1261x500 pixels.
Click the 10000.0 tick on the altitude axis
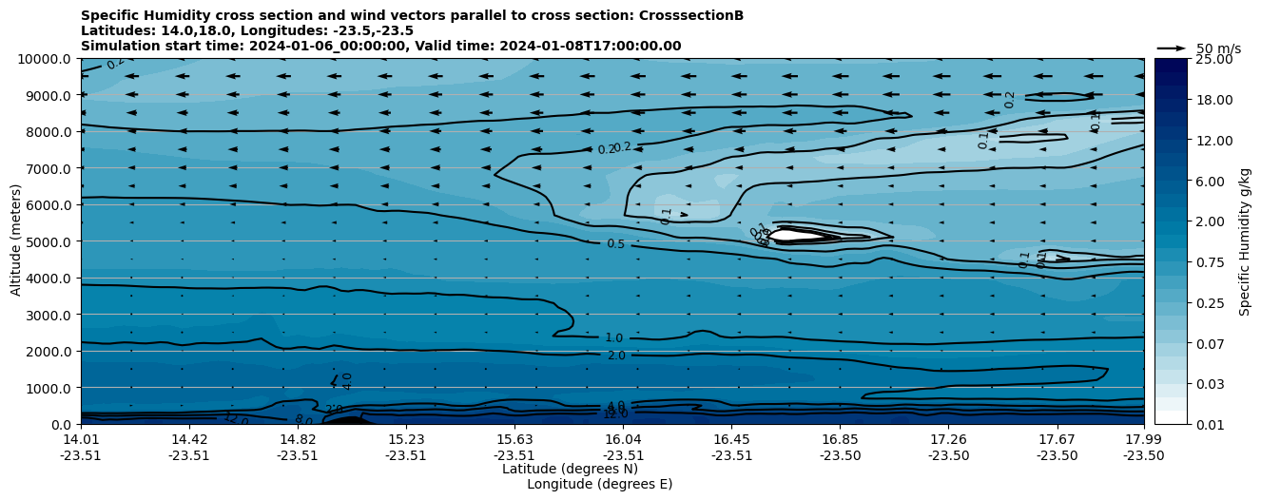coord(46,59)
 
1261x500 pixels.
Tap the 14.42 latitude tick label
coord(189,439)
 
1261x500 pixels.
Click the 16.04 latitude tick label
coord(624,439)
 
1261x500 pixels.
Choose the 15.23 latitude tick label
coord(406,439)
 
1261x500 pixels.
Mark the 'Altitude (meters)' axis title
coord(16,241)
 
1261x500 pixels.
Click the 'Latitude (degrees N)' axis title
coord(570,469)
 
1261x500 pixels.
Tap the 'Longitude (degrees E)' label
coord(599,484)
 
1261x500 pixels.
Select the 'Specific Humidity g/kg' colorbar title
coord(1246,241)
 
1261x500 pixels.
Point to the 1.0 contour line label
coord(614,338)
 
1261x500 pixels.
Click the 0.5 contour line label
coord(615,244)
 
